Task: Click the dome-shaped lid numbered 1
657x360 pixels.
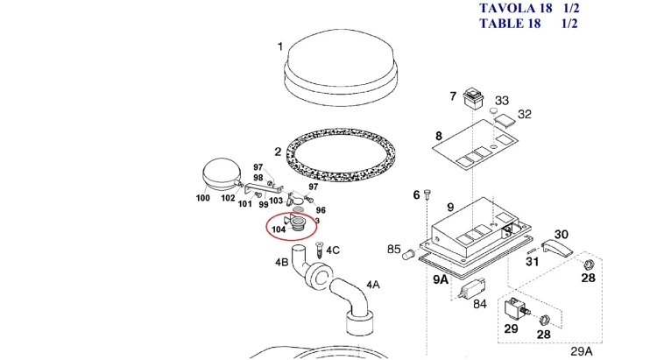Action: point(339,67)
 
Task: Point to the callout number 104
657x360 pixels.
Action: point(279,229)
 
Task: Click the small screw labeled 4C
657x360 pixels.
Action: point(319,251)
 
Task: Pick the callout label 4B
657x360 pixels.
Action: point(281,263)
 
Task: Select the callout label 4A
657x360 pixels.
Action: point(373,285)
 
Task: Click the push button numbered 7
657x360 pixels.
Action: point(473,98)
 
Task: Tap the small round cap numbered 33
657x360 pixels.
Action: point(493,110)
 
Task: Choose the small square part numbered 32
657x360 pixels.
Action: point(505,121)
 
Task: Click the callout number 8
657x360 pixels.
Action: point(438,136)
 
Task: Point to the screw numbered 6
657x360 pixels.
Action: point(427,194)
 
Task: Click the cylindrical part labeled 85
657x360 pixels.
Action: point(409,254)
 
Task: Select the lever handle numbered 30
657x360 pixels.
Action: point(557,248)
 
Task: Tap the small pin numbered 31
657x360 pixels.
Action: point(532,251)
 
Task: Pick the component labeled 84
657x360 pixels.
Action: point(472,288)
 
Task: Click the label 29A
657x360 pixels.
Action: point(582,351)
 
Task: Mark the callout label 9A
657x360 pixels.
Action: point(441,279)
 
